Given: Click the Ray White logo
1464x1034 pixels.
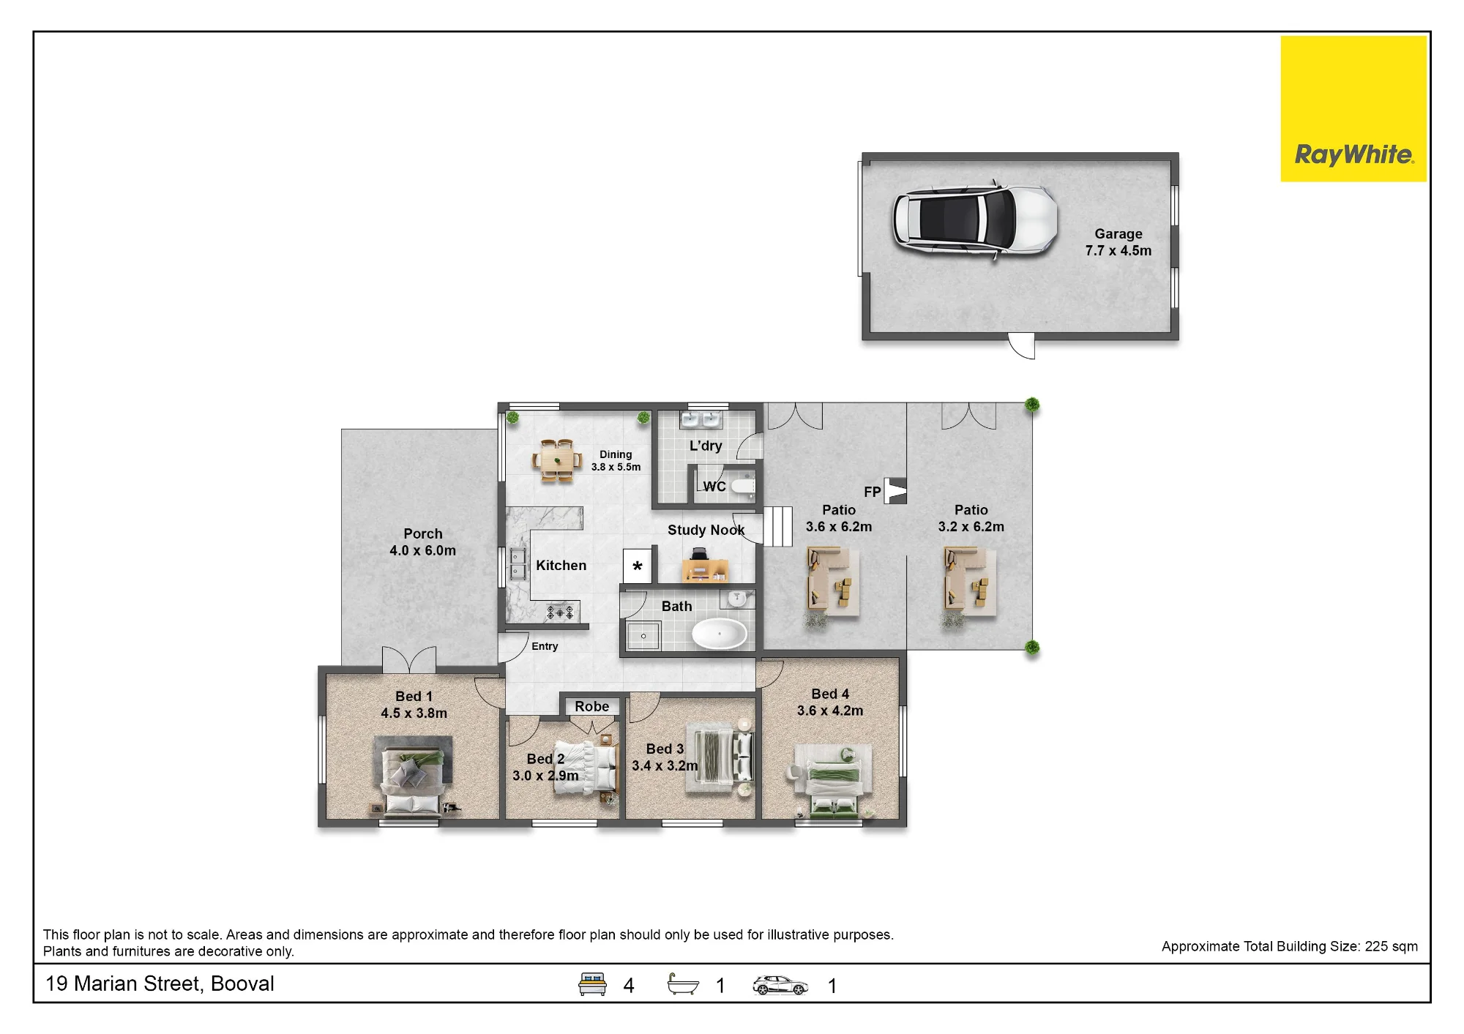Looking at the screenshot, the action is tap(1353, 109).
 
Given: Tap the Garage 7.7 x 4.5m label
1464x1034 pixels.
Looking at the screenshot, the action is tap(1118, 242).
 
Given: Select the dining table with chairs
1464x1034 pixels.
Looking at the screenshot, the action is tap(557, 460).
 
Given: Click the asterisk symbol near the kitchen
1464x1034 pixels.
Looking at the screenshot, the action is tap(638, 566).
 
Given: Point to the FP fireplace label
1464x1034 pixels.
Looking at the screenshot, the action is tap(872, 492).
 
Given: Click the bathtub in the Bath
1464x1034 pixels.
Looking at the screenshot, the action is tap(720, 634).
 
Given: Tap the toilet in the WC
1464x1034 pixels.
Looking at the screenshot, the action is tap(743, 485).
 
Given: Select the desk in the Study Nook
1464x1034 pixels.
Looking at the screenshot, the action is tap(704, 568).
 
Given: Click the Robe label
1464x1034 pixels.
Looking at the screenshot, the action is tap(591, 706).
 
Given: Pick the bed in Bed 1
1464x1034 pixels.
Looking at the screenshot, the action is tap(412, 777).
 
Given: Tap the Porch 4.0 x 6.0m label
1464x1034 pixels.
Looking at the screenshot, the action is tap(422, 542).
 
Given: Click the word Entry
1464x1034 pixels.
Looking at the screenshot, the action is tap(545, 646).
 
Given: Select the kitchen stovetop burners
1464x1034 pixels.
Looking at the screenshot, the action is tap(560, 612).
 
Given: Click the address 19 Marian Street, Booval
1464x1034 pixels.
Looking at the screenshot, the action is tap(160, 984).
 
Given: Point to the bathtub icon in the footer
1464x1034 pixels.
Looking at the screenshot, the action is tap(683, 984).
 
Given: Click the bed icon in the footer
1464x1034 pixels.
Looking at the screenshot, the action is tap(592, 984).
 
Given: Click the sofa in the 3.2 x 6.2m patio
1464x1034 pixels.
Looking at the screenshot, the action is tap(970, 582).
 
